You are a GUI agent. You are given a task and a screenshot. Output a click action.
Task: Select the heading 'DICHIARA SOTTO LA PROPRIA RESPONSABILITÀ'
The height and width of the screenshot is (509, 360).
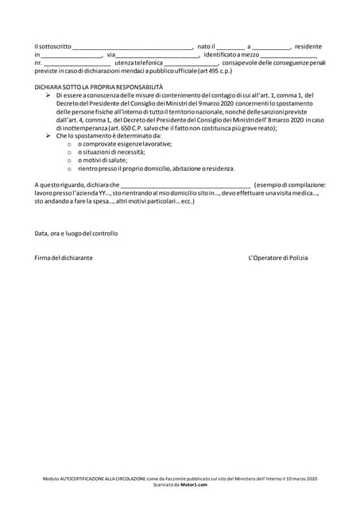point(99,86)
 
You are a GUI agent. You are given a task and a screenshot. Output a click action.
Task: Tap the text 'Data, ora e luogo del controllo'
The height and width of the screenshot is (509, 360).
point(76,234)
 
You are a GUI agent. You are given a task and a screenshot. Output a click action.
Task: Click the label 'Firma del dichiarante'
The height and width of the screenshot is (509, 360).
point(64,258)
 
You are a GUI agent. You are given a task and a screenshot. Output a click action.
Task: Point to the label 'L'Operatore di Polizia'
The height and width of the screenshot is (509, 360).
point(277,258)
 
